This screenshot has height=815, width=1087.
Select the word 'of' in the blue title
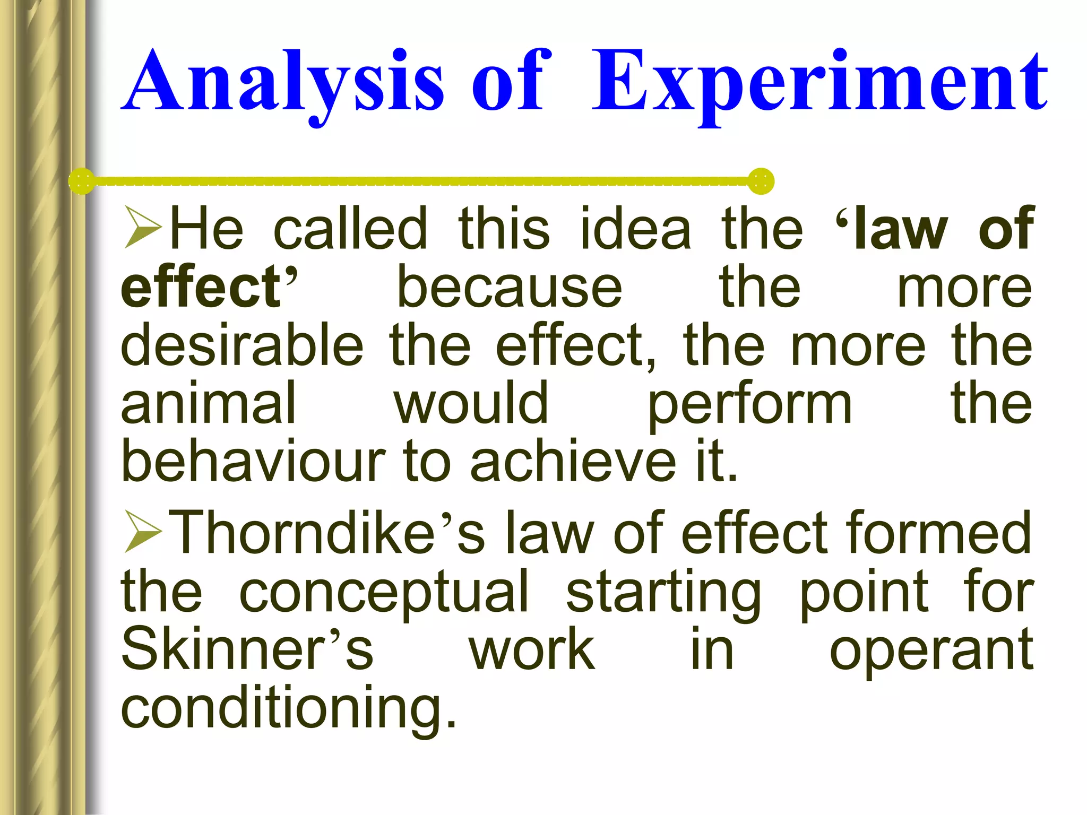click(x=508, y=82)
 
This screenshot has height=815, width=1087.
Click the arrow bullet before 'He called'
click(x=143, y=228)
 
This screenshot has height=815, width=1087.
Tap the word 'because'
click(x=510, y=288)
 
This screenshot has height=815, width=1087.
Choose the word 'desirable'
click(x=242, y=345)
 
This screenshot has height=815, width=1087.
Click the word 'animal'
click(x=208, y=404)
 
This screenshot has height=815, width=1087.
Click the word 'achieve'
click(x=573, y=461)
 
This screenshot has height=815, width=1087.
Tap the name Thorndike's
click(x=329, y=532)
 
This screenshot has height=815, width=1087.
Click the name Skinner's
click(x=247, y=649)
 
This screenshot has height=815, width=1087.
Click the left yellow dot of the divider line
click(x=82, y=181)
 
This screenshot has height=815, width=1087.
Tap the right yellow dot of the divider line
click(x=761, y=181)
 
